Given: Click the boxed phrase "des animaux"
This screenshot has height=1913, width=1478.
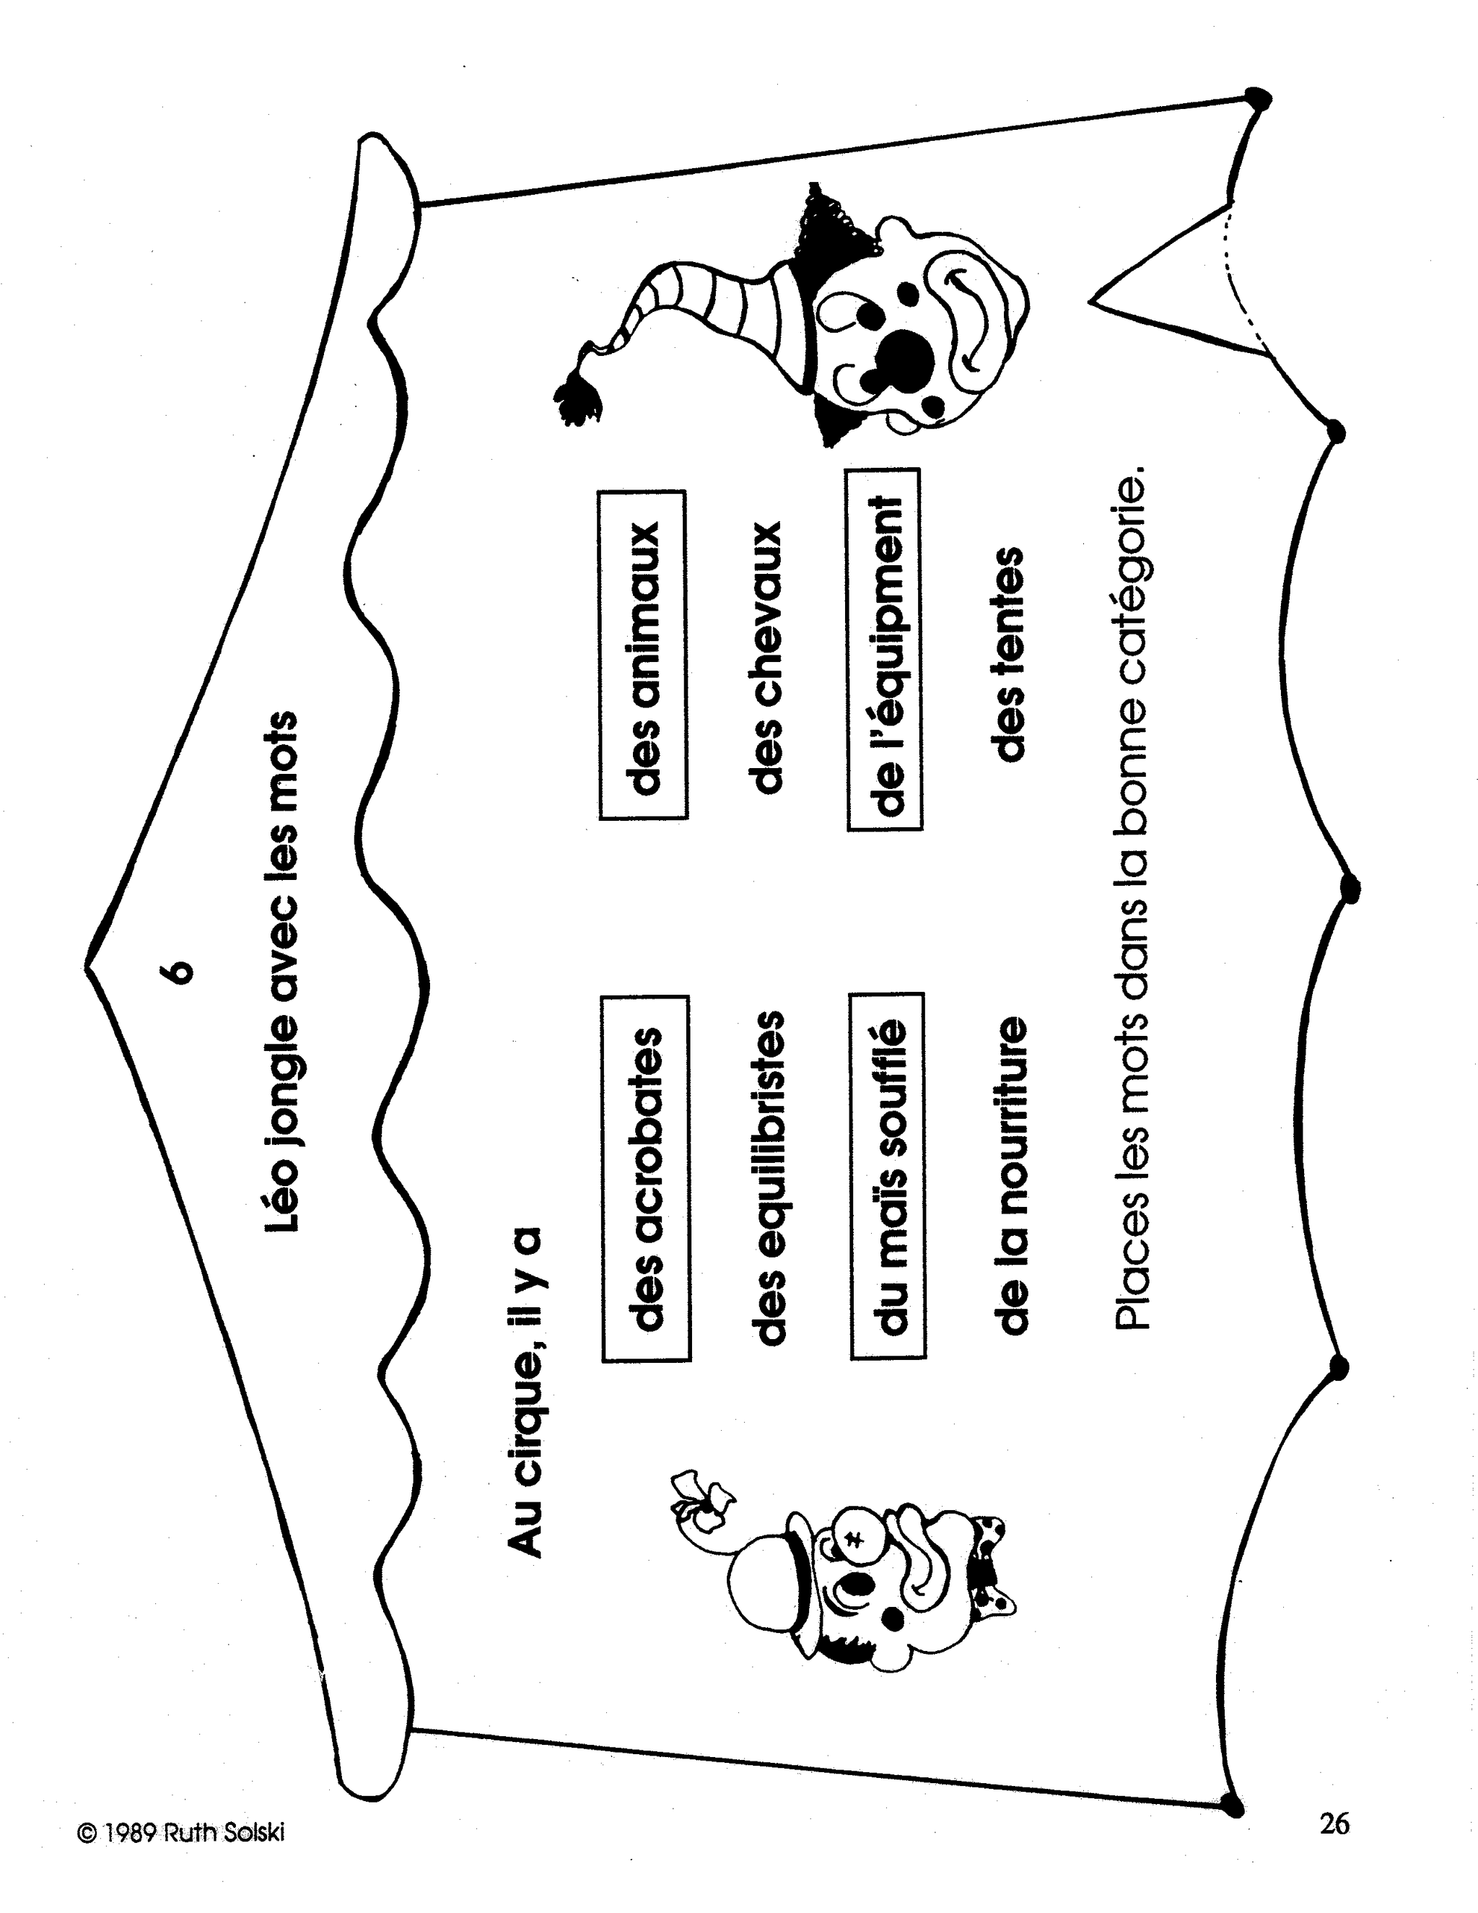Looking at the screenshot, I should point(643,655).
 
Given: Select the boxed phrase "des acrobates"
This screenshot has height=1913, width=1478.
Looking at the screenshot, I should point(645,1177).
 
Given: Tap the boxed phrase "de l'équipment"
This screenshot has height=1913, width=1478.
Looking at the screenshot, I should point(884,649).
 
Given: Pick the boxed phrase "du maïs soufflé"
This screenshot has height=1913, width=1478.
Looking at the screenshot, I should point(887,1175).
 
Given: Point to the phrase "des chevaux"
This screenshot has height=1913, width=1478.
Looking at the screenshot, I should point(764,657).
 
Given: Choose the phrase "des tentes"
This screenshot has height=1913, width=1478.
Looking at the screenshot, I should point(1006,653).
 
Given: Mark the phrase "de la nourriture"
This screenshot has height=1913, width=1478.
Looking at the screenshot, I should point(1010,1175).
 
